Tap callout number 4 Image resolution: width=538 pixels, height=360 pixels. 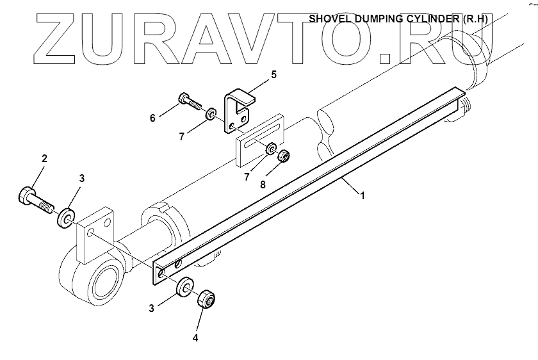point(195,338)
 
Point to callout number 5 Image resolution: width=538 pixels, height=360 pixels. point(273,75)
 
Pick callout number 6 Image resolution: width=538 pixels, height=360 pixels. point(153,118)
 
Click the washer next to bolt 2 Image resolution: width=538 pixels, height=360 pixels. point(66,218)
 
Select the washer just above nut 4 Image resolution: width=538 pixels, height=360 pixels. point(185,286)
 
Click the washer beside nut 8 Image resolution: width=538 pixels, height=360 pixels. point(272,150)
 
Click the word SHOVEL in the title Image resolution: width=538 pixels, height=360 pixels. point(329,19)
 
